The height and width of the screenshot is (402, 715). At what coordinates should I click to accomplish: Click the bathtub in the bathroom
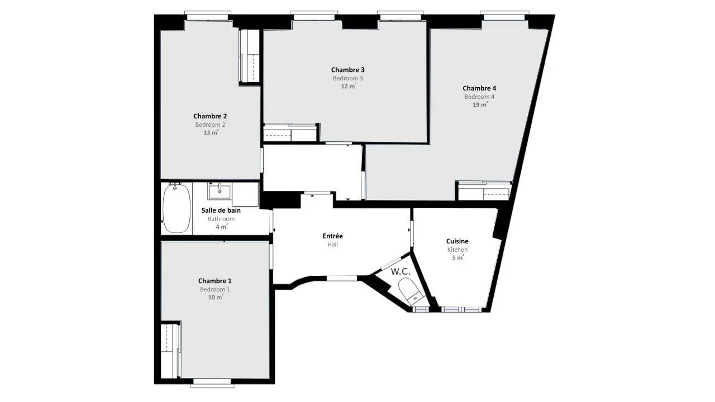coord(177,208)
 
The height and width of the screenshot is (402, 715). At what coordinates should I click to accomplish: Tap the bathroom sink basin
coord(220,191)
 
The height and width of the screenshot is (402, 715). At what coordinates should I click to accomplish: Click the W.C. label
coord(401,271)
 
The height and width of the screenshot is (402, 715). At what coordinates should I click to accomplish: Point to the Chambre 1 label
coord(215,281)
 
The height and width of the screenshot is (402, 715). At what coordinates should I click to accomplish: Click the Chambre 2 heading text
coord(210,116)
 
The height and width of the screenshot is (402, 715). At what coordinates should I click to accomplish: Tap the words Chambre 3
coord(347,70)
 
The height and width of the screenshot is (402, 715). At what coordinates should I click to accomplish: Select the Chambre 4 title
coord(479,88)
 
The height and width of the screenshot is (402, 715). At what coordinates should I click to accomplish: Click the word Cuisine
coord(457,241)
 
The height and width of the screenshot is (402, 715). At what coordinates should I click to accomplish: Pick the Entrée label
coord(332,236)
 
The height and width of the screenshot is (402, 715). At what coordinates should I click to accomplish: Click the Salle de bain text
coord(221,210)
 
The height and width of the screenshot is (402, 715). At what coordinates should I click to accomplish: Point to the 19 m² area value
coord(480,104)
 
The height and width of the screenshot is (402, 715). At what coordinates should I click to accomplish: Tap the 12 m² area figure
coord(348,86)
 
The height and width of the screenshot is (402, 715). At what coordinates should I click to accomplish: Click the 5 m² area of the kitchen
coord(457,257)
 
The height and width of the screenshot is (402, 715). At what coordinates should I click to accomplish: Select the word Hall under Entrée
coord(332,245)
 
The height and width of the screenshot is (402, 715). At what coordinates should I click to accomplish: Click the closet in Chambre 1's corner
coord(171,351)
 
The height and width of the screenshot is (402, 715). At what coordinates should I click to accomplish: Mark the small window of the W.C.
coord(421,309)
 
